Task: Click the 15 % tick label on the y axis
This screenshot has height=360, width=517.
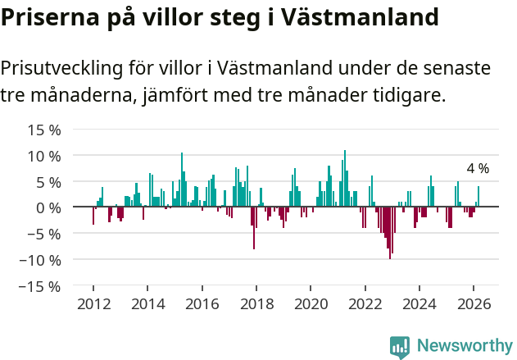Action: click(x=45, y=130)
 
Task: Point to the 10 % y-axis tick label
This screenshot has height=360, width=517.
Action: click(x=45, y=156)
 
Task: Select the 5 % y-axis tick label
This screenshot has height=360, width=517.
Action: click(x=48, y=182)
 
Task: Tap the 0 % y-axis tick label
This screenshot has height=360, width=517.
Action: click(x=48, y=207)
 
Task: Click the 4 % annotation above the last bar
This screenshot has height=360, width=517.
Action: click(x=478, y=168)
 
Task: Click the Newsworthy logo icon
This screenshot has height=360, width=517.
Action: click(x=400, y=346)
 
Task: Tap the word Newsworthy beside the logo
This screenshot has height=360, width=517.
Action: click(x=465, y=346)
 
